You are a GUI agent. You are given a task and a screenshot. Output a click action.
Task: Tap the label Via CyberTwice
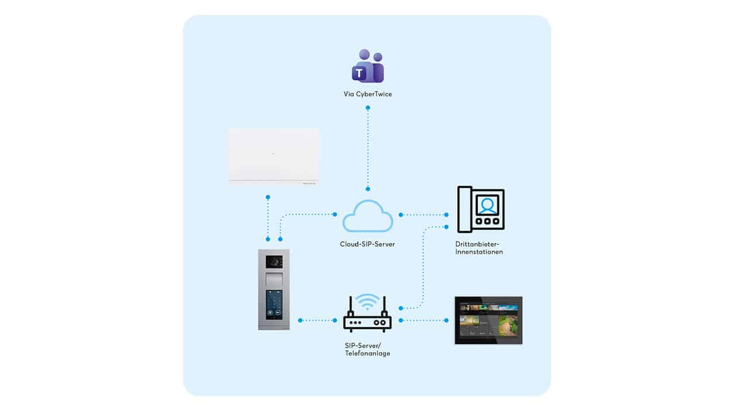tap(367, 94)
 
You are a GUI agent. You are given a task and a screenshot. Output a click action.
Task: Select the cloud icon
tap(367, 216)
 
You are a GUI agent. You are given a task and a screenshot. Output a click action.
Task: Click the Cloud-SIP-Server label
tap(367, 244)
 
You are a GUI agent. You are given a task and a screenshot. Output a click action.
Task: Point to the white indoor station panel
tap(274, 157)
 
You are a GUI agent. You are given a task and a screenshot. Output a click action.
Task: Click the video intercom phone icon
tap(481, 209)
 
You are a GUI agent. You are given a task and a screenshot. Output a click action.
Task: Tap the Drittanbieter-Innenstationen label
tap(479, 248)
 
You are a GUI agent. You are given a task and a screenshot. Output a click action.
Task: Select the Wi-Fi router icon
tap(367, 313)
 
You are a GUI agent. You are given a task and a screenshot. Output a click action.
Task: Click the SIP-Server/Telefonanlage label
tap(367, 349)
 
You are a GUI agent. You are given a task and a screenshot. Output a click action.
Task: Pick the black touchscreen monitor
tap(489, 320)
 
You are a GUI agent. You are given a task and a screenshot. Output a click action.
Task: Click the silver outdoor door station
tap(274, 290)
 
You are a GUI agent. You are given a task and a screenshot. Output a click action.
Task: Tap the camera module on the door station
tap(274, 262)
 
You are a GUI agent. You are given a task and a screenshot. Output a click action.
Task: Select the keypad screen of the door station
tap(274, 305)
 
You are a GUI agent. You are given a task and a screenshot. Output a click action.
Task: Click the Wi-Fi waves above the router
tap(367, 302)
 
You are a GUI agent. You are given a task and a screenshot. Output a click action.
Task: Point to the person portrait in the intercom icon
tap(488, 205)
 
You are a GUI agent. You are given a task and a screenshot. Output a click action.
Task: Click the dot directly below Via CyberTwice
tap(368, 107)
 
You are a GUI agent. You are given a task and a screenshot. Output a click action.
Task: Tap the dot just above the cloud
tap(368, 189)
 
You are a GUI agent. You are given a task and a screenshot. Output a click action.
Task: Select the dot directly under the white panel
tap(268, 197)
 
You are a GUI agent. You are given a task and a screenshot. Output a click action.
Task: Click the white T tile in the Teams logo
tap(359, 73)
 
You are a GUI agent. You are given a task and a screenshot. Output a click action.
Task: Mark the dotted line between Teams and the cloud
tap(368, 148)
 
